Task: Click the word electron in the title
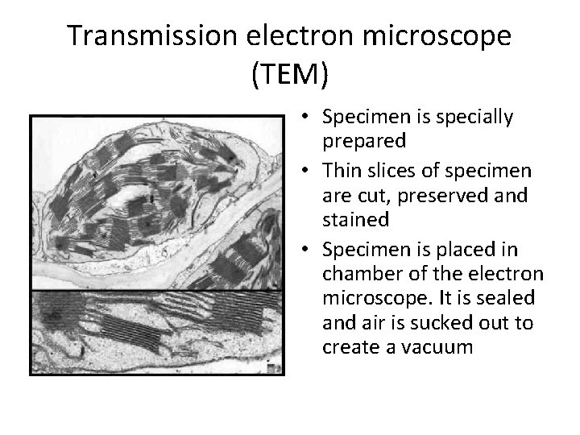(299, 36)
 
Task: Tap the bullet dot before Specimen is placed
(309, 250)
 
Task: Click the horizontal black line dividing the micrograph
(157, 290)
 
